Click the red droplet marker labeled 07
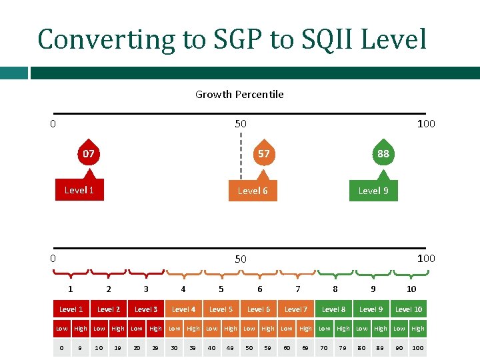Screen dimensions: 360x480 click(x=88, y=154)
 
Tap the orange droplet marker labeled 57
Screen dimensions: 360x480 click(x=264, y=154)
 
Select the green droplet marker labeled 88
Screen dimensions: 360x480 click(x=383, y=154)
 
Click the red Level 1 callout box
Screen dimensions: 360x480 click(x=79, y=191)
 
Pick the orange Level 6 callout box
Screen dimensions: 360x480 click(x=253, y=191)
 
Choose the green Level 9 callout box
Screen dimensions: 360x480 click(x=373, y=191)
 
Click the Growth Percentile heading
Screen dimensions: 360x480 click(x=239, y=95)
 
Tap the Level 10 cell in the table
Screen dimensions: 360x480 click(x=409, y=309)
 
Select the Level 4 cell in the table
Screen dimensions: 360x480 click(x=183, y=309)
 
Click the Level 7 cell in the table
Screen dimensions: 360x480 click(x=296, y=309)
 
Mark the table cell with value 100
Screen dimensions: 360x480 click(x=418, y=348)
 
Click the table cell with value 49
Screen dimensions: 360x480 click(x=230, y=348)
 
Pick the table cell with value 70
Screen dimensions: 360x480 click(x=324, y=348)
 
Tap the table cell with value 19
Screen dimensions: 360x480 click(x=118, y=348)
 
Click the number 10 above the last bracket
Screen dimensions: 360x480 click(x=411, y=289)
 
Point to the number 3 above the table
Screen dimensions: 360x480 click(x=146, y=289)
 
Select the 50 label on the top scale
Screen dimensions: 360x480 click(x=240, y=124)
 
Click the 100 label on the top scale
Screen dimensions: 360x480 click(x=425, y=124)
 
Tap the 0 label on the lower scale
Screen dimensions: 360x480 click(x=53, y=258)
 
